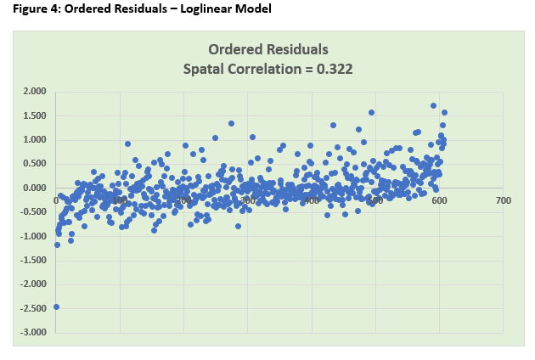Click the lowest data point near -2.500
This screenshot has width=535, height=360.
point(56,307)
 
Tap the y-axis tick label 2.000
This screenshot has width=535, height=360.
point(35,92)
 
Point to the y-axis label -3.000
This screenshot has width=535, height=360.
point(33,331)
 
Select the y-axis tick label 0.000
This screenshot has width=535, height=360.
point(35,188)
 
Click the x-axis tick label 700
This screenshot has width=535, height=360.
point(503,201)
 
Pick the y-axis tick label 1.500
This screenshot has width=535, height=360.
point(35,115)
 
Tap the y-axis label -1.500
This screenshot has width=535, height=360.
point(33,259)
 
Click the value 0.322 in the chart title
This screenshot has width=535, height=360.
point(334,68)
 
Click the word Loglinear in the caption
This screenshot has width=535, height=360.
point(203,9)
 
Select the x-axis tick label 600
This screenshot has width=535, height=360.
point(439,201)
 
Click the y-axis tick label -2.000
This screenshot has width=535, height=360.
point(33,283)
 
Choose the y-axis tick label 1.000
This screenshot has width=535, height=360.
point(35,139)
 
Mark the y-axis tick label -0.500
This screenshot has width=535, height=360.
point(33,211)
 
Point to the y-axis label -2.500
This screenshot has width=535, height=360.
point(33,307)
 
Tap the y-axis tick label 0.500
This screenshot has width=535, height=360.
point(35,164)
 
